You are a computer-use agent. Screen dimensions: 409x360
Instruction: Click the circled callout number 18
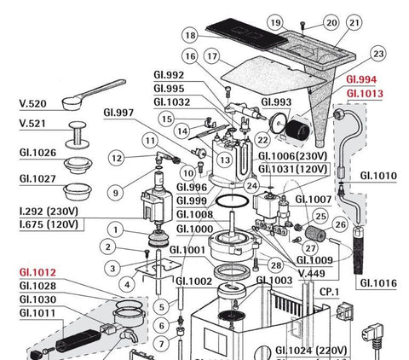click(190, 35)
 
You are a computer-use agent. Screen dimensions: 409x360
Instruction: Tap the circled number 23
click(378, 54)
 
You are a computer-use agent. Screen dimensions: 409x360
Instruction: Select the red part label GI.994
click(361, 79)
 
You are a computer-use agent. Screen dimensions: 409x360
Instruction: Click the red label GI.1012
click(37, 272)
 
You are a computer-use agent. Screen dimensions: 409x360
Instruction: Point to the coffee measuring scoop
click(92, 96)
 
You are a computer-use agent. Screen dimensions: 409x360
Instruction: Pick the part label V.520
click(32, 103)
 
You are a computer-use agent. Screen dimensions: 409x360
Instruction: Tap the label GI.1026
click(37, 153)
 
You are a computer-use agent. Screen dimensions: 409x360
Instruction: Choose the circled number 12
click(117, 159)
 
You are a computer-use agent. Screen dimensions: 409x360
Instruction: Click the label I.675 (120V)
click(49, 224)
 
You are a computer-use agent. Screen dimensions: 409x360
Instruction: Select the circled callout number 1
click(115, 229)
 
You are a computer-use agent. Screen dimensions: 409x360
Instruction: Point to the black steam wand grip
click(359, 250)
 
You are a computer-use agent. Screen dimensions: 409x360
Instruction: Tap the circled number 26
click(340, 224)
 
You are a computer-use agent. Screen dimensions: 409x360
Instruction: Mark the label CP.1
click(329, 292)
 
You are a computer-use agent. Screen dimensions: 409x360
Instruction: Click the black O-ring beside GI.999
click(232, 201)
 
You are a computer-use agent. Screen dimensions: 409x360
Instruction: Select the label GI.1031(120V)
click(292, 170)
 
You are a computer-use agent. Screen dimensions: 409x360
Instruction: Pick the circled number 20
click(331, 23)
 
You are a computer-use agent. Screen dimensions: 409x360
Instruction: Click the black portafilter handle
click(78, 340)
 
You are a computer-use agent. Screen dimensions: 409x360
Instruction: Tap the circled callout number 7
click(161, 344)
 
